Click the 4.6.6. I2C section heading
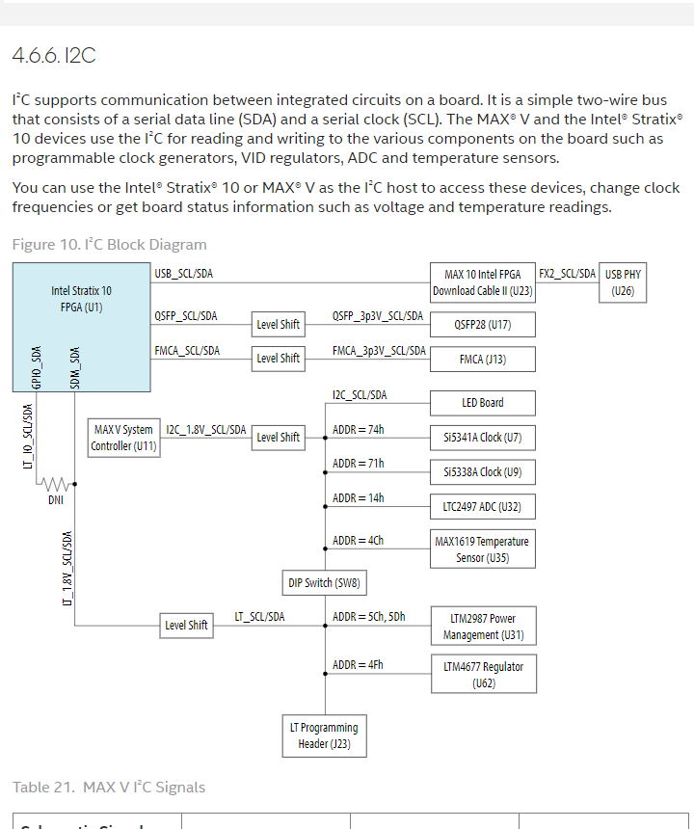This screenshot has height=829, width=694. pyautogui.click(x=54, y=56)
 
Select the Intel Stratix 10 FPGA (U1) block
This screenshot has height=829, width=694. pyautogui.click(x=81, y=327)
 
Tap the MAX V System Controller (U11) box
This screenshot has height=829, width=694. pyautogui.click(x=123, y=438)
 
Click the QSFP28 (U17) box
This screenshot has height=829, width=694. pyautogui.click(x=482, y=325)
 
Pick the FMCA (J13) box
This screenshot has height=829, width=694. pyautogui.click(x=482, y=360)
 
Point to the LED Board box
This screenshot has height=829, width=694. pyautogui.click(x=482, y=403)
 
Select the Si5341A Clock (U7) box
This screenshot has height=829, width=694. pyautogui.click(x=482, y=438)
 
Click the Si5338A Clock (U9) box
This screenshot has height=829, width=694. pyautogui.click(x=482, y=472)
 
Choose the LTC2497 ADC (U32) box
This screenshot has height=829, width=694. pyautogui.click(x=482, y=507)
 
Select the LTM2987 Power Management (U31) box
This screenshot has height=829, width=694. pyautogui.click(x=482, y=627)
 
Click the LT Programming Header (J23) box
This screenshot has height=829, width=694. pyautogui.click(x=324, y=735)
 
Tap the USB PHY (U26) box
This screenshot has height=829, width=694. pyautogui.click(x=623, y=282)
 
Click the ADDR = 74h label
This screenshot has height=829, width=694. pyautogui.click(x=358, y=429)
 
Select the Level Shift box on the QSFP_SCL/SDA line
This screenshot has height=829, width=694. pyautogui.click(x=278, y=324)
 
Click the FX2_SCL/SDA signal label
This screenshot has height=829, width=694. pyautogui.click(x=567, y=274)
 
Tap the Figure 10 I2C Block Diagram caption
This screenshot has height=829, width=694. pyautogui.click(x=109, y=245)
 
